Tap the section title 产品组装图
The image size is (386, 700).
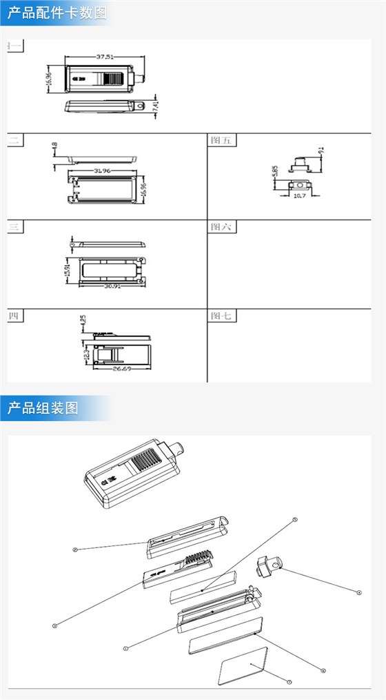coord(43,407)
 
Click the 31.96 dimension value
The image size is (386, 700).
coord(101,170)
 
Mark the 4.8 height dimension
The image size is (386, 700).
coord(54,147)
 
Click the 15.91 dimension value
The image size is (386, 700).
coord(68,269)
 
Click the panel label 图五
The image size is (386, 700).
coord(222,140)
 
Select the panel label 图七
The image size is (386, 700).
coord(222,316)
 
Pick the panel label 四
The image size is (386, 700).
coord(14,316)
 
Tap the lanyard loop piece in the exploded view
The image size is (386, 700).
coord(267,565)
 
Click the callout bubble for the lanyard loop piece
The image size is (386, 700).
coord(359,592)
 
